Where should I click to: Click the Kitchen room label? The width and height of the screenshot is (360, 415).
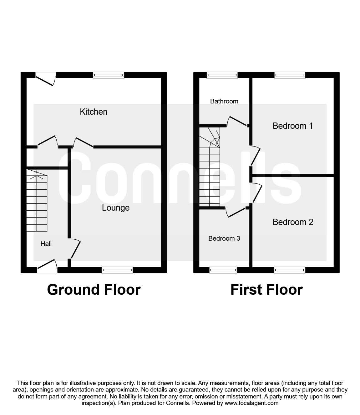(x=94, y=112)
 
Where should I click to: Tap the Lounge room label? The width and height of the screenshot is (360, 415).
(x=115, y=208)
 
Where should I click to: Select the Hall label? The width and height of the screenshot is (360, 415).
(x=46, y=244)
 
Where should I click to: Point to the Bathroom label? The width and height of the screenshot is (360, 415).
(x=224, y=101)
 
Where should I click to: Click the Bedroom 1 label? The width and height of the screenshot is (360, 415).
(x=292, y=126)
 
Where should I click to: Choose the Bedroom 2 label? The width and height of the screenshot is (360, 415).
(x=293, y=222)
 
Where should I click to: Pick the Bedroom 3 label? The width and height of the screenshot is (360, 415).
(x=224, y=238)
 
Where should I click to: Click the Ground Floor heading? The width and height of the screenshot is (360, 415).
(x=94, y=290)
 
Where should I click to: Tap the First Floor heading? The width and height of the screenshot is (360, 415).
(x=266, y=290)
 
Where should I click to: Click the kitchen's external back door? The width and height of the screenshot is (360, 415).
(x=45, y=78)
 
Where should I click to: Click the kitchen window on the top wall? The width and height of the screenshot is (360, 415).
(x=109, y=75)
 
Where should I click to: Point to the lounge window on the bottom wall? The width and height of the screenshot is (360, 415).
(x=117, y=270)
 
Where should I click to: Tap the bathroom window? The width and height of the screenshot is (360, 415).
(x=222, y=75)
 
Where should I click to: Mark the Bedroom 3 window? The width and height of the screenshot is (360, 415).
(x=223, y=270)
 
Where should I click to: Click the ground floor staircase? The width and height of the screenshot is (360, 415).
(x=37, y=203)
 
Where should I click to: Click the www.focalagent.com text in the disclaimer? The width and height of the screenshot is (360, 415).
(x=251, y=403)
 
